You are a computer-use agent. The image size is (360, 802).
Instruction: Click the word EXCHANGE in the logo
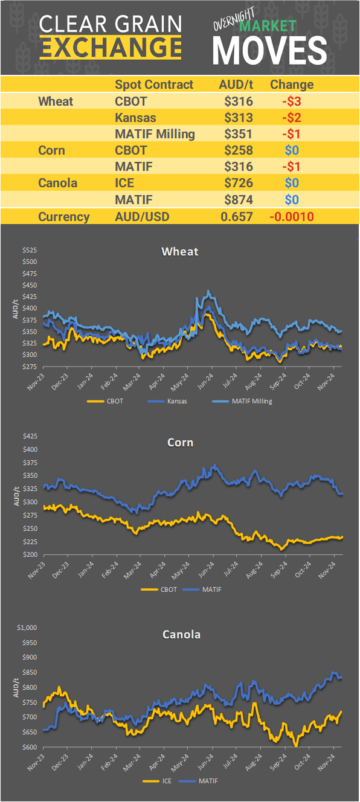[x=110, y=47]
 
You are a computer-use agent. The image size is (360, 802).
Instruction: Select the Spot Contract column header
[x=154, y=85]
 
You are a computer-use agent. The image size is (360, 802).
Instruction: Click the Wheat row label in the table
[x=56, y=101]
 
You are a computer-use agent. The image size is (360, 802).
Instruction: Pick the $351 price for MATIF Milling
[x=239, y=133]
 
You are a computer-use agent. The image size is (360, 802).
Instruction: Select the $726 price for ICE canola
[x=239, y=182]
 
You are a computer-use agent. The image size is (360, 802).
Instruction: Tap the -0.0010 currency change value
[x=292, y=217]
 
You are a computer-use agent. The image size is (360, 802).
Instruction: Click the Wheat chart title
[x=179, y=251]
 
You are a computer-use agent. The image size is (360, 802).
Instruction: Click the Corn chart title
[x=180, y=443]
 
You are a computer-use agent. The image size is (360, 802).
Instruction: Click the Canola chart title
[x=181, y=635]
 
